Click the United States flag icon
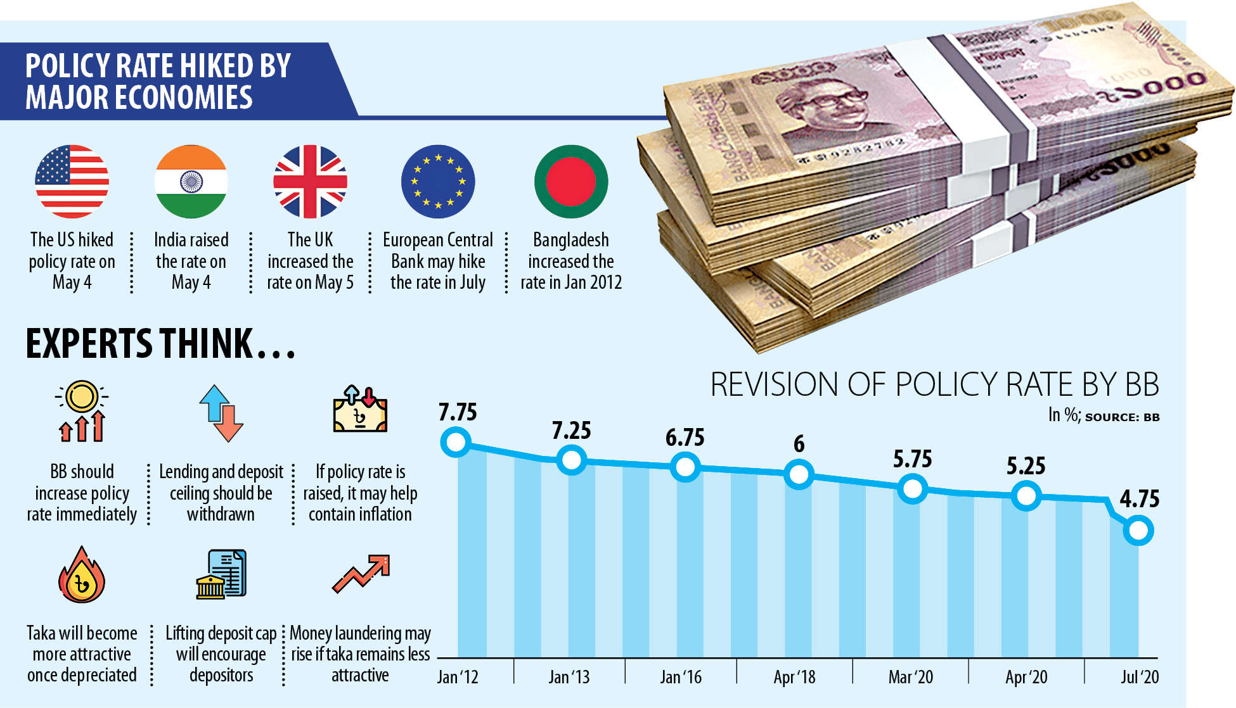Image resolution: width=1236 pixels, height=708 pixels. [x=72, y=182]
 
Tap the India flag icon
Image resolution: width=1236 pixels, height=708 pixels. [x=191, y=182]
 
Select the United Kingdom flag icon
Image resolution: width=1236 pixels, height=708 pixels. [x=310, y=182]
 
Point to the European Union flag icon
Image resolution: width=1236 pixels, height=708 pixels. [x=438, y=182]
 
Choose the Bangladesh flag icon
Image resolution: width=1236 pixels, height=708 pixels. [x=571, y=182]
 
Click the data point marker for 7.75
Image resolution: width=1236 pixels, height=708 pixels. [x=456, y=441]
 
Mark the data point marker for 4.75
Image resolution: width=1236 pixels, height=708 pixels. [x=1138, y=530]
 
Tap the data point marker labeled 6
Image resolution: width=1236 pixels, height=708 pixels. [x=799, y=474]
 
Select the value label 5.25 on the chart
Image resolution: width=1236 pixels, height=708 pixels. [x=1026, y=466]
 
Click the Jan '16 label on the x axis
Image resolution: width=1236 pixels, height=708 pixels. [x=681, y=677]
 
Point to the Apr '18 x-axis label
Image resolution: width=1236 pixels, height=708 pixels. [x=794, y=677]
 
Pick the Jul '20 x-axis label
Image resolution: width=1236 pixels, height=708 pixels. [x=1140, y=677]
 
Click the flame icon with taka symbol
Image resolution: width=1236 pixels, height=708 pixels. [x=82, y=576]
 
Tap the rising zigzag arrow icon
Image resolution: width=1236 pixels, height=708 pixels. [x=361, y=573]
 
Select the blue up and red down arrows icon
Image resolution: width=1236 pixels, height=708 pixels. [x=221, y=413]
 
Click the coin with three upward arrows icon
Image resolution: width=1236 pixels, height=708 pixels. [x=82, y=412]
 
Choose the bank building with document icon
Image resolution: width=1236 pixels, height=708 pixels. [x=221, y=574]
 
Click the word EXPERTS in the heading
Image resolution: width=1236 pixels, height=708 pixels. [x=89, y=344]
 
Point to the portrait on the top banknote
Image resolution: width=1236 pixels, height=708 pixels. [x=824, y=108]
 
